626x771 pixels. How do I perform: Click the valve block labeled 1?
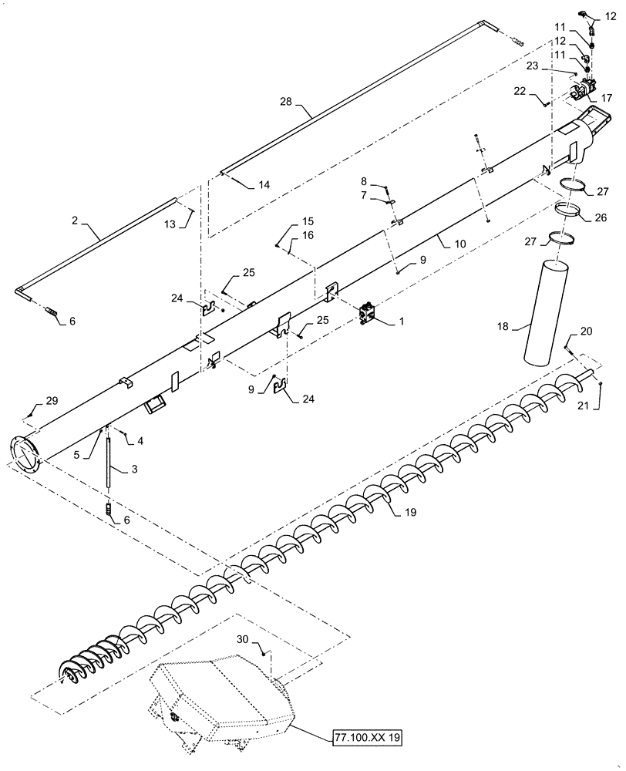click(x=369, y=315)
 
